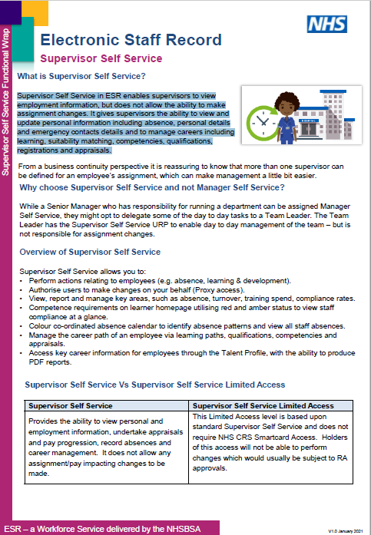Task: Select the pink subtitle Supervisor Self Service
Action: point(101,58)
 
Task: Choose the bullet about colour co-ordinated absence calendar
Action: point(178,326)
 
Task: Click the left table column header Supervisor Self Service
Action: point(71,406)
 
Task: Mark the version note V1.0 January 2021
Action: point(345,530)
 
